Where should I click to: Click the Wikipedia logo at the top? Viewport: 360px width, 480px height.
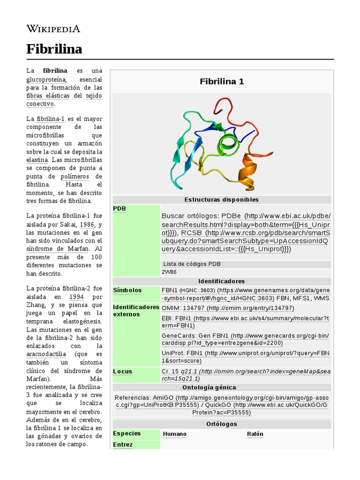click(53, 29)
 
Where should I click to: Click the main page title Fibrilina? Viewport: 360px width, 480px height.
click(54, 49)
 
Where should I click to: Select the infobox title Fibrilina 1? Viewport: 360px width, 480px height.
click(222, 82)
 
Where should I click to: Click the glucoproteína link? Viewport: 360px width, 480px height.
click(46, 79)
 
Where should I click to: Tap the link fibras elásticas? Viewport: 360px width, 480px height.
click(48, 96)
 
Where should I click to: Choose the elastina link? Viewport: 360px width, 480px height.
click(37, 160)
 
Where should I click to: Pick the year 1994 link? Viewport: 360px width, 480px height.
click(76, 297)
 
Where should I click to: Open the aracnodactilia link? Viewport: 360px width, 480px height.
click(46, 353)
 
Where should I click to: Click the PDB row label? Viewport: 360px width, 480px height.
click(120, 209)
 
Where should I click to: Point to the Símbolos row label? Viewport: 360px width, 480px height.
click(127, 290)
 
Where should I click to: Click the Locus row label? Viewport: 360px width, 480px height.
click(122, 371)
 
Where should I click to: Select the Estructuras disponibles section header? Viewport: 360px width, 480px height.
click(222, 200)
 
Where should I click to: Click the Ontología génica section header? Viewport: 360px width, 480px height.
click(222, 388)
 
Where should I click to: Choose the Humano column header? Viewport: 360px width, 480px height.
click(174, 434)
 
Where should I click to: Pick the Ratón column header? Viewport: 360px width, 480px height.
click(255, 434)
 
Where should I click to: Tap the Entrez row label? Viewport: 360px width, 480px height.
click(123, 444)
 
